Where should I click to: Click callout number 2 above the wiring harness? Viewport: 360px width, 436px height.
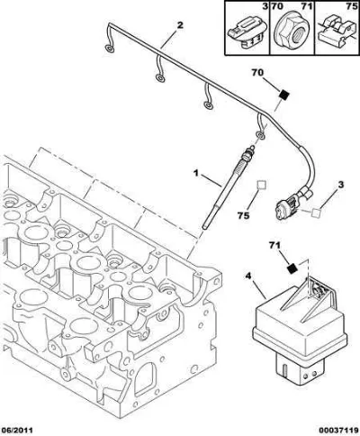pyautogui.click(x=180, y=25)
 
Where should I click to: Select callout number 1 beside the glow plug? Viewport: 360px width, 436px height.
pyautogui.click(x=196, y=173)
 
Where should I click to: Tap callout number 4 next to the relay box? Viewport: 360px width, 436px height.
pyautogui.click(x=247, y=276)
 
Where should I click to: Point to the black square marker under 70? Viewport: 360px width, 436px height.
pyautogui.click(x=283, y=95)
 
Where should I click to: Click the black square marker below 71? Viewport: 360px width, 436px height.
pyautogui.click(x=292, y=268)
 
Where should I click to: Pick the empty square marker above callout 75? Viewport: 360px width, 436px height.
pyautogui.click(x=262, y=185)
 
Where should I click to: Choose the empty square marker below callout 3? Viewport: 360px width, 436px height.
pyautogui.click(x=316, y=213)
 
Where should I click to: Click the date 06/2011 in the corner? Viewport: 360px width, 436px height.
pyautogui.click(x=16, y=430)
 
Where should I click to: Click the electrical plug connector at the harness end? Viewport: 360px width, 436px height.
pyautogui.click(x=289, y=206)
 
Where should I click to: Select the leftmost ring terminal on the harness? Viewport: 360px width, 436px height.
pyautogui.click(x=110, y=49)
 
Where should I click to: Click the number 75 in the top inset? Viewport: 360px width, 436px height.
pyautogui.click(x=351, y=6)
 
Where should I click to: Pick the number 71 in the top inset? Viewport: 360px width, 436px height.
pyautogui.click(x=307, y=6)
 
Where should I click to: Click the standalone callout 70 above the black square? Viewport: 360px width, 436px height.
pyautogui.click(x=257, y=73)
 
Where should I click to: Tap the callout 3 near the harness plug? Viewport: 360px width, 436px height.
pyautogui.click(x=340, y=186)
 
